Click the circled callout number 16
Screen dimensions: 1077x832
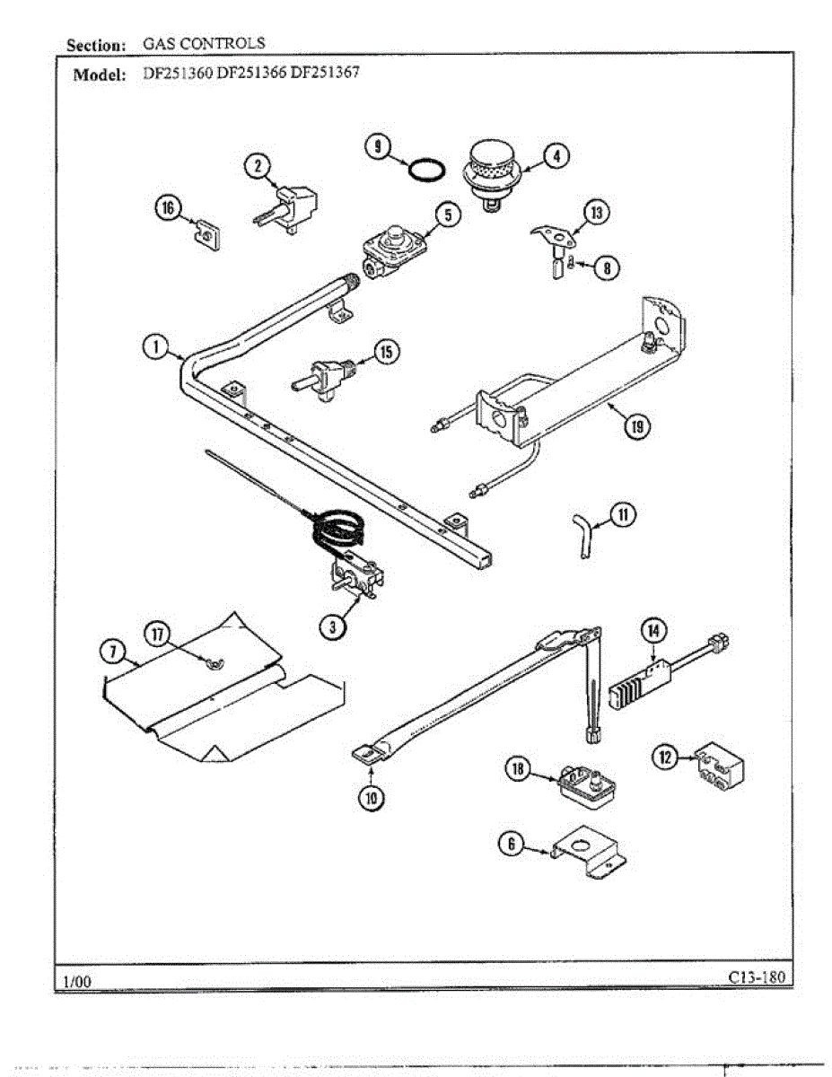pyautogui.click(x=167, y=208)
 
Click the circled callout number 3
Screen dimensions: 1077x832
pyautogui.click(x=333, y=628)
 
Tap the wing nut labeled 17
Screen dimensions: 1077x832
pyautogui.click(x=215, y=663)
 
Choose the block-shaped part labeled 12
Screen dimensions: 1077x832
pyautogui.click(x=723, y=764)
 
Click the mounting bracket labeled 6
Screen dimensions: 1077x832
pyautogui.click(x=589, y=856)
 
